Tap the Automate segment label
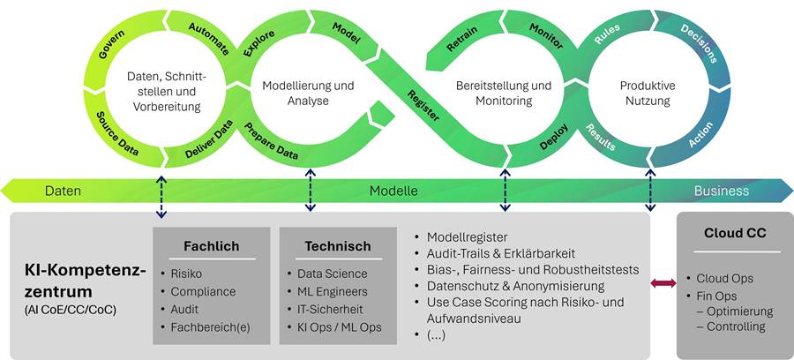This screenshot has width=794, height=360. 210,38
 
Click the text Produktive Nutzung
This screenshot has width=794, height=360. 647,94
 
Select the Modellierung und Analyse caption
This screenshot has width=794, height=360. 308,94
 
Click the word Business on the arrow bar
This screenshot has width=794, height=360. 721,191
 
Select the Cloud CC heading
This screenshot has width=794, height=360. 734,234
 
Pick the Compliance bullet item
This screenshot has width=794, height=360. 203,291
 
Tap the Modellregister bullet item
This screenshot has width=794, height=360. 467,236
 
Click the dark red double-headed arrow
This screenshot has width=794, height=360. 663,282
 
